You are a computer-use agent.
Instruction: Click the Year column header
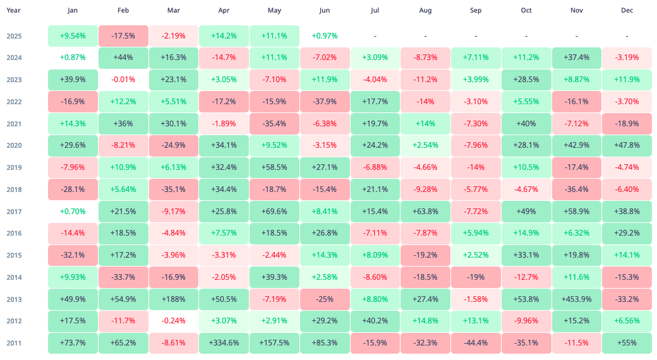point(13,11)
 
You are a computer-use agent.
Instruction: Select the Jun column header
point(325,11)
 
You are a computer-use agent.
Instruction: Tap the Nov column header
point(577,11)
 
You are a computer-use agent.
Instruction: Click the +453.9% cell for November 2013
point(577,299)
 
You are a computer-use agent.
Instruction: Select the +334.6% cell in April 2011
point(224,342)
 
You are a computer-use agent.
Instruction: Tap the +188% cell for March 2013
point(173,299)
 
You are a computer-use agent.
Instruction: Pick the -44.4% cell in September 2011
point(476,342)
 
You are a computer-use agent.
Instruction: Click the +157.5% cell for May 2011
point(274,342)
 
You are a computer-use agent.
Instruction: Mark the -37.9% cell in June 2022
point(325,102)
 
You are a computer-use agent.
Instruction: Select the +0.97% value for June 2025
point(325,36)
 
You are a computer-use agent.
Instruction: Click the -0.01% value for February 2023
point(123,80)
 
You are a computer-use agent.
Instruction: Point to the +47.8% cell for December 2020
point(627,145)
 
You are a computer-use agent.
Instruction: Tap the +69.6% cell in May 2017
point(274,211)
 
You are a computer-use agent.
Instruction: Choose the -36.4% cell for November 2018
point(577,189)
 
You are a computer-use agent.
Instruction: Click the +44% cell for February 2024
point(123,57)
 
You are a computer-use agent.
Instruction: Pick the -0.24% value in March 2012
point(173,320)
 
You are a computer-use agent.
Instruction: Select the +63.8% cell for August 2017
point(425,211)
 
